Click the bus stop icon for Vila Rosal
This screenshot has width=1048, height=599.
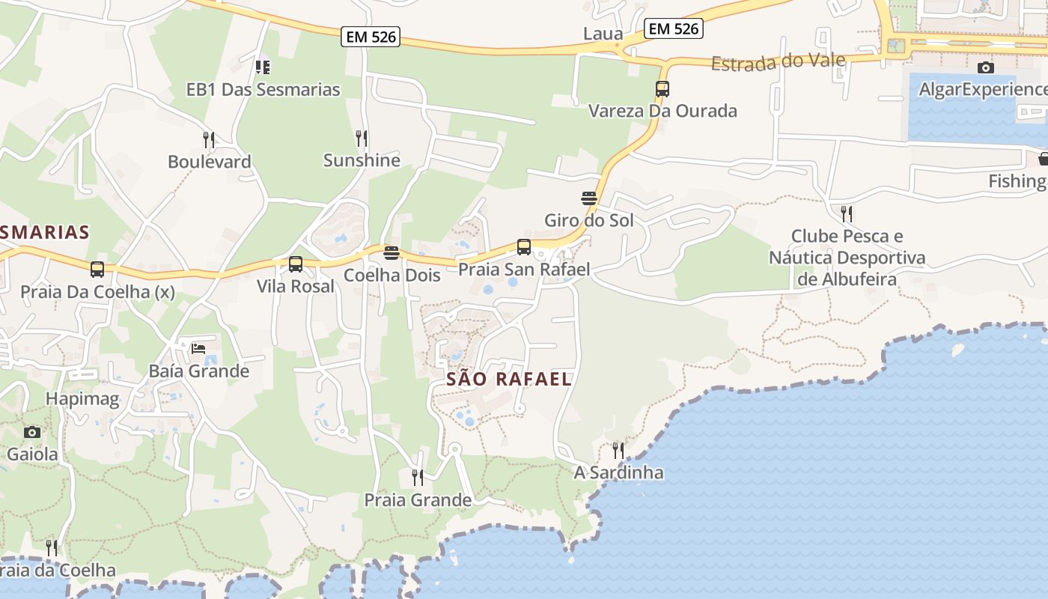296,264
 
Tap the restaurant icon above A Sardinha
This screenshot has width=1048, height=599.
618,450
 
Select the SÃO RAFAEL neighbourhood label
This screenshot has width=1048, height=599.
509,379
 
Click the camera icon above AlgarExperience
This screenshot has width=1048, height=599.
986,67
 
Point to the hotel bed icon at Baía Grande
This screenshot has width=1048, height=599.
198,348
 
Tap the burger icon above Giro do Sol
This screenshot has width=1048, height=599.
589,198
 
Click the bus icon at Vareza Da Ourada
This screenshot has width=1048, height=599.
662,89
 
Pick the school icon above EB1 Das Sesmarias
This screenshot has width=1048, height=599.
263,67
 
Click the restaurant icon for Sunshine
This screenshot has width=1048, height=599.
362,139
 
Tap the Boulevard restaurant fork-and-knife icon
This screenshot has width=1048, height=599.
209,139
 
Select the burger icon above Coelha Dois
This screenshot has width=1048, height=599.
391,253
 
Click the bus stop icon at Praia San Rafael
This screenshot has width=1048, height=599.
524,247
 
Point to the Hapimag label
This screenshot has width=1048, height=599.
82,399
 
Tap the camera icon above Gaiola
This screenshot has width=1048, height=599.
31,432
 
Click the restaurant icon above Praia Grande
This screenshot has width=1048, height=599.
418,477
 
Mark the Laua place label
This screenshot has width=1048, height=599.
603,34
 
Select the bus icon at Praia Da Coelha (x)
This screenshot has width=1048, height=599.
97,270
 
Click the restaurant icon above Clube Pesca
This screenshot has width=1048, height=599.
847,214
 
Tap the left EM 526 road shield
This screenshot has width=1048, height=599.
371,37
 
